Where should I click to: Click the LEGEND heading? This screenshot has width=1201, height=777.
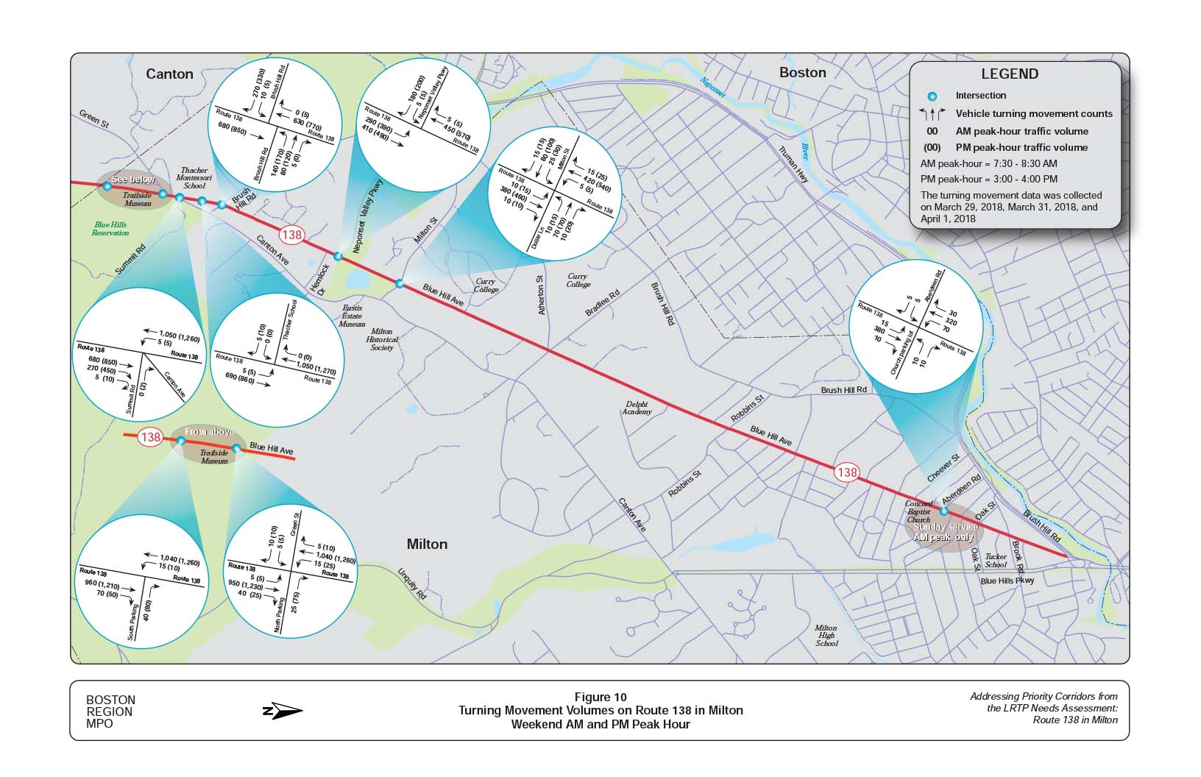[1009, 74]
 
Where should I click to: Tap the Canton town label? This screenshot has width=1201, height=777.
[169, 74]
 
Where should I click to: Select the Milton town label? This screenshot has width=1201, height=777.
[427, 544]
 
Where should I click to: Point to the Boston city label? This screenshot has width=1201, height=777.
[802, 72]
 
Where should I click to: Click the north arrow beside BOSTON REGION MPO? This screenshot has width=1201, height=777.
[283, 712]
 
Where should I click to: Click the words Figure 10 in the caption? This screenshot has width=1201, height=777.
[600, 698]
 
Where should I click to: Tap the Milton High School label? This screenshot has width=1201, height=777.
[826, 636]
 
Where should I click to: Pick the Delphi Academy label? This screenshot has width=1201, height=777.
[637, 408]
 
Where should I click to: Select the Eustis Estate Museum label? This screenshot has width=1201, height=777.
[352, 316]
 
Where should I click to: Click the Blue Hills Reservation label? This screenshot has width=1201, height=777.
[110, 229]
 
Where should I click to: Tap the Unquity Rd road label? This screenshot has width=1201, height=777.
[412, 583]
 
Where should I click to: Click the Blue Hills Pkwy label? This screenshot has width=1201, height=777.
[1007, 581]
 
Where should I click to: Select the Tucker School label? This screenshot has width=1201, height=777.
[996, 561]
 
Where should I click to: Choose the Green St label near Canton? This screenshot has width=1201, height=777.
[93, 119]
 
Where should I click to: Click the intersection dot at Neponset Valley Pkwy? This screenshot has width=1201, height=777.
[338, 256]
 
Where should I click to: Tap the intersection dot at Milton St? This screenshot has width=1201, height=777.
[400, 283]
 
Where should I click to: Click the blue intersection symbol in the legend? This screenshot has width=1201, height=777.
[933, 96]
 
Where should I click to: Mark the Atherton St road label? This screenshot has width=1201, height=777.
[542, 295]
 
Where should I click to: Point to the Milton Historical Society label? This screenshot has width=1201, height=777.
[382, 339]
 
